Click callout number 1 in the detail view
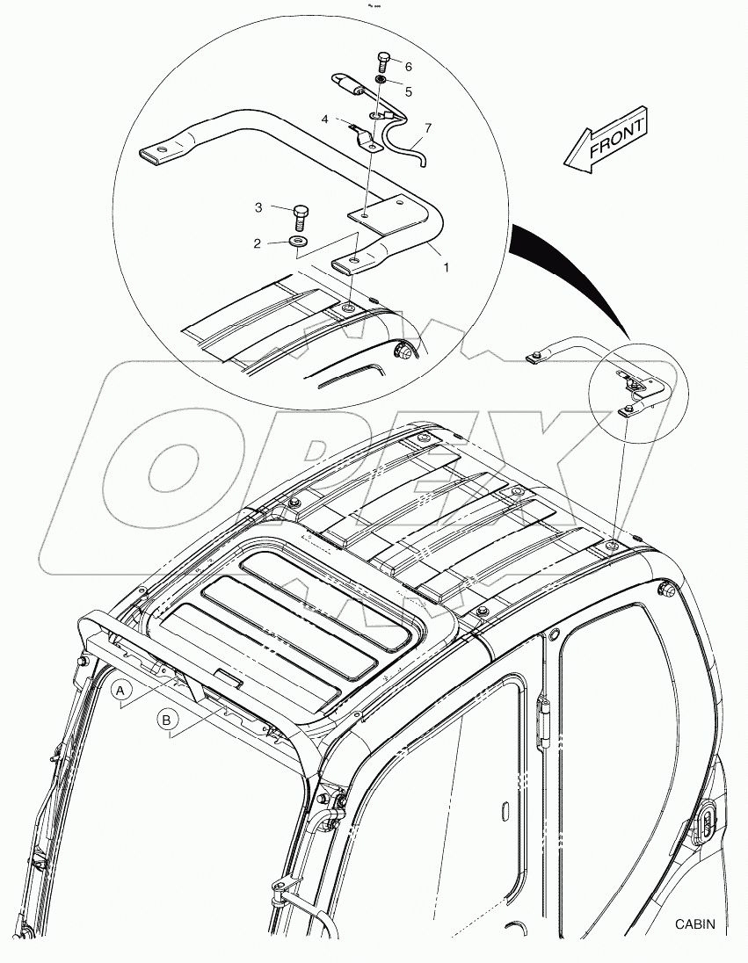[446, 267]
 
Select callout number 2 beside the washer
[258, 243]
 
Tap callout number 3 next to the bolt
[258, 207]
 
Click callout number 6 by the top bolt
[408, 66]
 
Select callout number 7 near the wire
[427, 128]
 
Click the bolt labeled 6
[382, 62]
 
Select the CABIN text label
[695, 923]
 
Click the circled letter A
[122, 691]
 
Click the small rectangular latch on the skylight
[231, 678]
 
